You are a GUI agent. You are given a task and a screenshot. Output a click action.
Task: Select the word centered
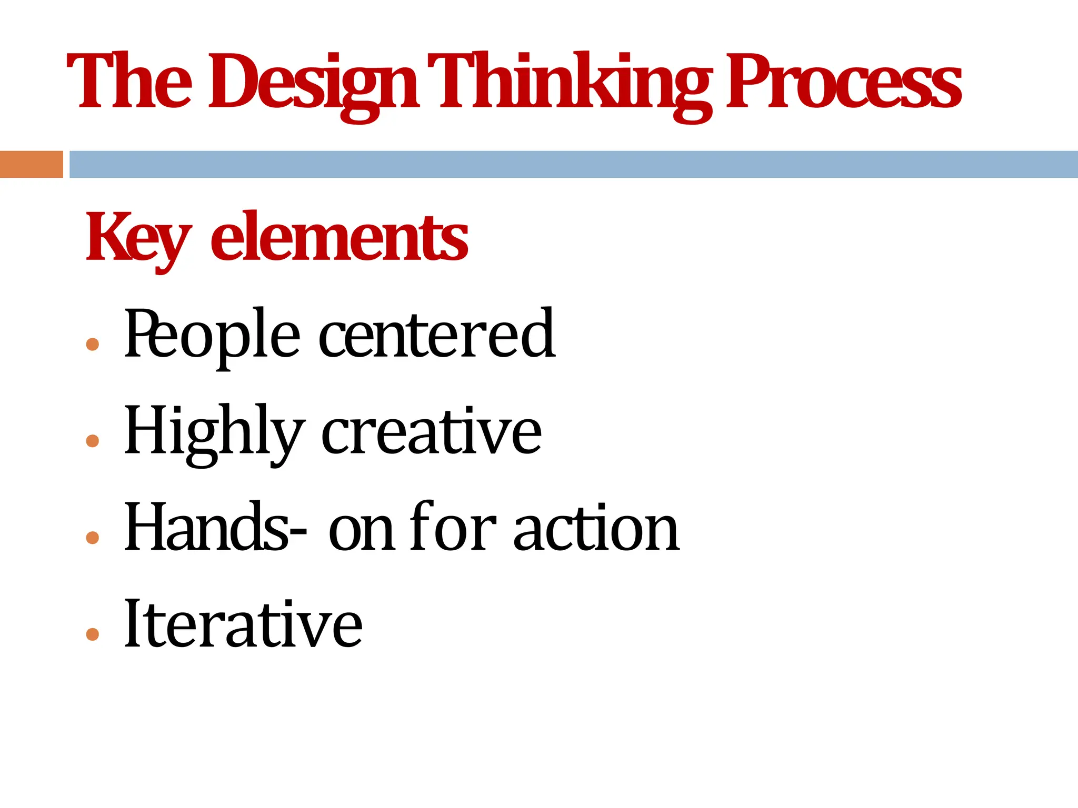click(436, 334)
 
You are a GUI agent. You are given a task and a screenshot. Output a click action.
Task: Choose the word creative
click(431, 431)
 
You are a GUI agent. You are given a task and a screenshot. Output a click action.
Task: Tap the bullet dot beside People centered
click(93, 345)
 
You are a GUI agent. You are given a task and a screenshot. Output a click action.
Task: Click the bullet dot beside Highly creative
click(93, 441)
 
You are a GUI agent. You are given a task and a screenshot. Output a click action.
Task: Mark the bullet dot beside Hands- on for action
click(93, 538)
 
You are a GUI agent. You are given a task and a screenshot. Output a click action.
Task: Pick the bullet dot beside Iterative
click(93, 634)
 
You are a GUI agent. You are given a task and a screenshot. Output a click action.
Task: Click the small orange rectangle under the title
click(31, 164)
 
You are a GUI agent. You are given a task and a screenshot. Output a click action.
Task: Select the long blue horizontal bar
click(573, 164)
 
